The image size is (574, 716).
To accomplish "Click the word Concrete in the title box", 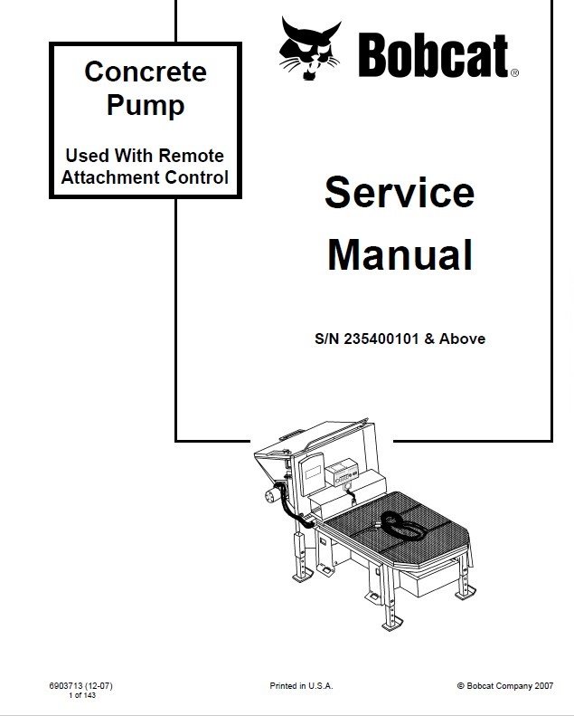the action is [146, 72].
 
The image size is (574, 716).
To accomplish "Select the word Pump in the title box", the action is [146, 105].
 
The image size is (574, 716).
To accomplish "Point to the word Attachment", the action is [110, 177].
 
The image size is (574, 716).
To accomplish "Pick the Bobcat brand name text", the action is [433, 56].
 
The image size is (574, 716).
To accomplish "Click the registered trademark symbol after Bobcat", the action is [514, 73].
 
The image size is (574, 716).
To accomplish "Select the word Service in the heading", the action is [399, 193].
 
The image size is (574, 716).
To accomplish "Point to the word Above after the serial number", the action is [464, 339].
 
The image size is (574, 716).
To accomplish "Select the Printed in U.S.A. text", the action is [301, 686].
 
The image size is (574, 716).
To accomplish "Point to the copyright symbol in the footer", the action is [461, 687].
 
